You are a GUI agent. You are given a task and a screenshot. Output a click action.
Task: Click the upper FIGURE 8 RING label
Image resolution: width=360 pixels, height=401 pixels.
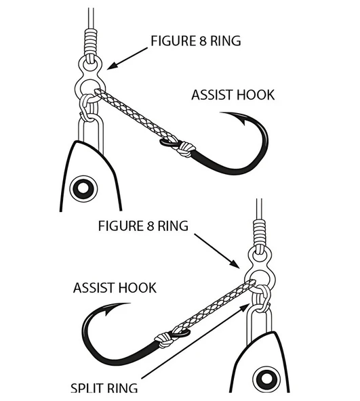pyautogui.click(x=196, y=41)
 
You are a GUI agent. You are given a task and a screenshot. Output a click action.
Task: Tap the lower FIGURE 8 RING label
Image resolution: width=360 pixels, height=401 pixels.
pyautogui.click(x=143, y=226)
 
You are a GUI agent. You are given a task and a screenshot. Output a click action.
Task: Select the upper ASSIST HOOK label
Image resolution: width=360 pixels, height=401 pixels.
pyautogui.click(x=233, y=95)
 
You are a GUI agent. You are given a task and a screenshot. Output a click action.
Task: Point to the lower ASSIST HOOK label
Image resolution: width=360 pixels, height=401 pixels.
pyautogui.click(x=115, y=288)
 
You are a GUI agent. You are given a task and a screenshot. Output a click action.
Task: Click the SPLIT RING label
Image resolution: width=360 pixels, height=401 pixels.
pyautogui.click(x=104, y=387)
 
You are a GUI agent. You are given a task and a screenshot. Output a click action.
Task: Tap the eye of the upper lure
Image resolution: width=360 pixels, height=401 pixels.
pyautogui.click(x=83, y=188)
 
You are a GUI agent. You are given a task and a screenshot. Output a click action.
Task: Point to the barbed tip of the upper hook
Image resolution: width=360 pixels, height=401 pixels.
pyautogui.click(x=243, y=122)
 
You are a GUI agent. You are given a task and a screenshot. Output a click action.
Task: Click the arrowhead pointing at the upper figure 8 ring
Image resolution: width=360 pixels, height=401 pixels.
pyautogui.click(x=112, y=66)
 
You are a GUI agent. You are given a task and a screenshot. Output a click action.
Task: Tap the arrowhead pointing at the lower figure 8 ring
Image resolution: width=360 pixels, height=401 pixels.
pyautogui.click(x=235, y=264)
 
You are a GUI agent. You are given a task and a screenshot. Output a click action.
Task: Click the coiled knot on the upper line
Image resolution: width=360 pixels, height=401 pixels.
pyautogui.click(x=91, y=41)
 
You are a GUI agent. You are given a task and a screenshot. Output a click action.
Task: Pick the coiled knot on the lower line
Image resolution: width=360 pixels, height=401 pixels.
pyautogui.click(x=259, y=232)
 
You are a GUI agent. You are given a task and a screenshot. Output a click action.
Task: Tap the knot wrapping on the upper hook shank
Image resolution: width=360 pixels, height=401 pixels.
pyautogui.click(x=187, y=149)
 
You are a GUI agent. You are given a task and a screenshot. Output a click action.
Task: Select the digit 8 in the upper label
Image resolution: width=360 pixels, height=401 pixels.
pyautogui.click(x=203, y=41)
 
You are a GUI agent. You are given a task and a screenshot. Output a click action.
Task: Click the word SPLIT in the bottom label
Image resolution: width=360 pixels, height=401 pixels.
pyautogui.click(x=87, y=387)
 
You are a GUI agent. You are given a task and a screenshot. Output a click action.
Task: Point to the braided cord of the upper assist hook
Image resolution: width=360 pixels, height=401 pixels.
pyautogui.click(x=136, y=115)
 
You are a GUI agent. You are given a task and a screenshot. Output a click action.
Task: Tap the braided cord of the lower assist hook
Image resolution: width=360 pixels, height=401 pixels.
pyautogui.click(x=215, y=307)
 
